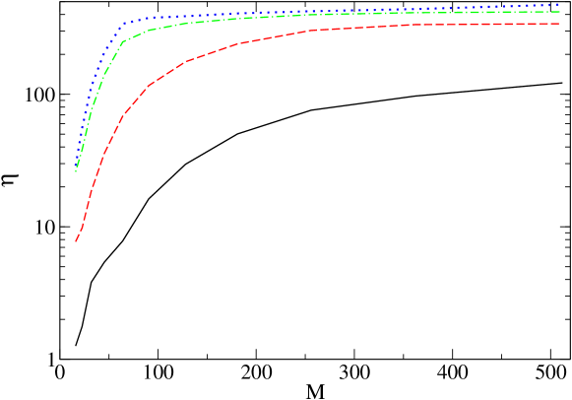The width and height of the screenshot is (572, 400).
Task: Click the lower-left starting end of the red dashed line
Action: point(76,241)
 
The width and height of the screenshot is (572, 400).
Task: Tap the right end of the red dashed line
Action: point(559,24)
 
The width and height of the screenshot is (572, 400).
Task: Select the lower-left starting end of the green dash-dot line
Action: point(76,171)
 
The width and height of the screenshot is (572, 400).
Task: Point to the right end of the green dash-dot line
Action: point(559,12)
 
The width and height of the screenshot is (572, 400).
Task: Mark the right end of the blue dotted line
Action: point(559,5)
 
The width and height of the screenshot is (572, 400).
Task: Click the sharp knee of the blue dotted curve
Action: point(123,24)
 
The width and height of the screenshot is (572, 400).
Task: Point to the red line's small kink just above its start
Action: point(82,227)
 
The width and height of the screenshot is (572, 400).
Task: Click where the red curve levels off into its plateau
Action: point(310,31)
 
